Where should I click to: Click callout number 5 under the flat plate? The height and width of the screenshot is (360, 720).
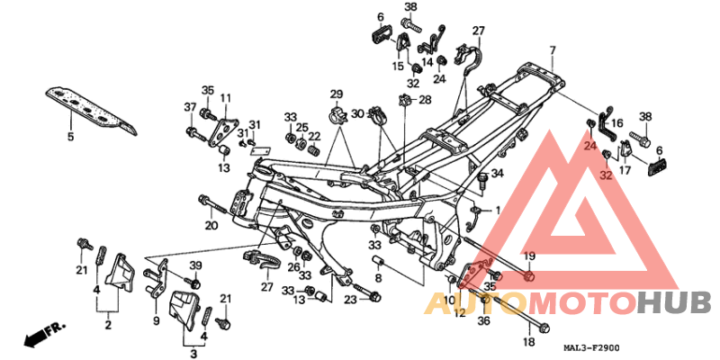70,137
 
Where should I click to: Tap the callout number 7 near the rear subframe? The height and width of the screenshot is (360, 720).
553,49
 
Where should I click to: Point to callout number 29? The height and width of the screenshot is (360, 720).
336,94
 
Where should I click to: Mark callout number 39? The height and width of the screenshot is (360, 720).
195,265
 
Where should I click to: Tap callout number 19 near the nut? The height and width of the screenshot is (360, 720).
529,257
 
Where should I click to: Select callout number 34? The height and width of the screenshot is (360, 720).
497,173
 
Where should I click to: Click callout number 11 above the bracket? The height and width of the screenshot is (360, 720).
226,97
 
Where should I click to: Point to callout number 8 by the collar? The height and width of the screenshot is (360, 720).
378,280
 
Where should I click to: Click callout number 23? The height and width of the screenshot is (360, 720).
349,299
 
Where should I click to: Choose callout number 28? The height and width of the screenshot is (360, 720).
426,99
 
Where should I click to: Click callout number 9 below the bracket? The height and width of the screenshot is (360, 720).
156,321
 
